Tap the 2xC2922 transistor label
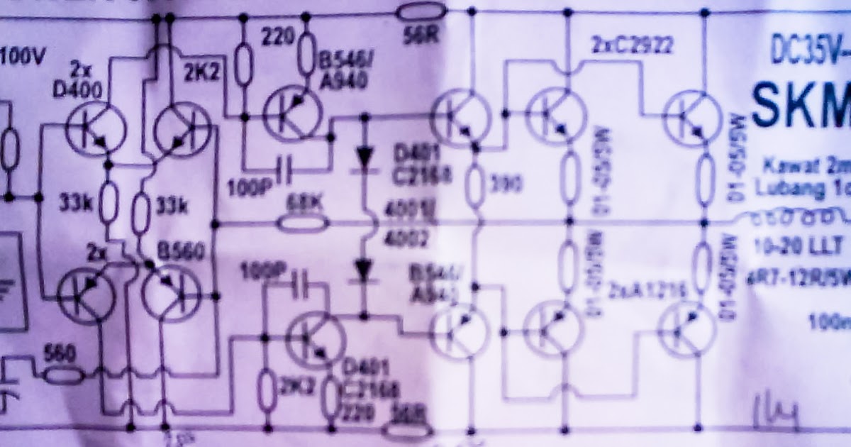click(x=631, y=48)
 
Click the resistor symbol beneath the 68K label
click(x=303, y=225)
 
